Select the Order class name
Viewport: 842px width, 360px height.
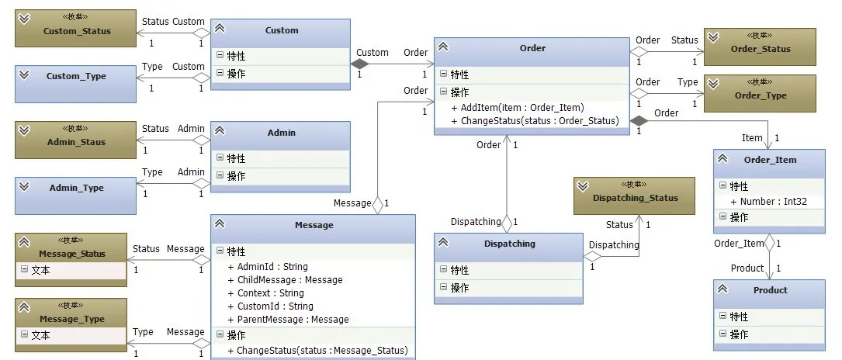pyautogui.click(x=532, y=48)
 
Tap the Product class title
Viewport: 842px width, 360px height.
pyautogui.click(x=770, y=290)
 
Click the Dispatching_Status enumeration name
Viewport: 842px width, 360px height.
pyautogui.click(x=635, y=198)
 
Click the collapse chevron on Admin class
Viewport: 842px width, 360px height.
pyautogui.click(x=220, y=133)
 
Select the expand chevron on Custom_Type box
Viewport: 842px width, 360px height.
pyautogui.click(x=24, y=74)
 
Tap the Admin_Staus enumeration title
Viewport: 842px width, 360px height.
pyautogui.click(x=76, y=142)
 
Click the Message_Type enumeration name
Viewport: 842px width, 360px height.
pyautogui.click(x=71, y=319)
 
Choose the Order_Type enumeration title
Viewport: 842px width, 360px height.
pyautogui.click(x=760, y=95)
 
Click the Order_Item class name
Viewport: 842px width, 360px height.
pyautogui.click(x=770, y=160)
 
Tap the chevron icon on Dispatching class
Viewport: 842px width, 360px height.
pyautogui.click(x=443, y=243)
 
